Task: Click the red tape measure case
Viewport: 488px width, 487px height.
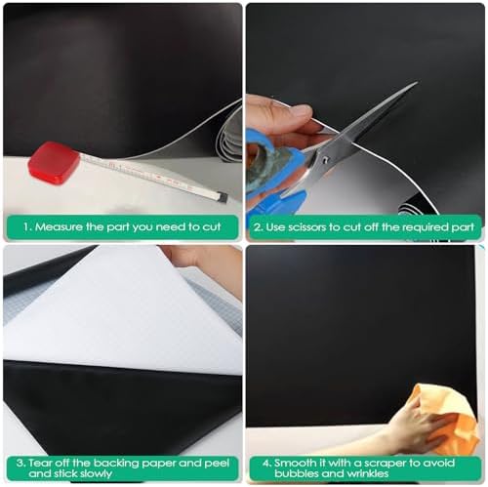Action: click(54, 163)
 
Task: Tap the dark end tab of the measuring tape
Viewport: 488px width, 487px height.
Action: click(223, 197)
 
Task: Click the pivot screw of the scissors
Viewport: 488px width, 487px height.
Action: click(326, 159)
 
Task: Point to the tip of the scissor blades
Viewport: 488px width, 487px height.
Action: click(417, 82)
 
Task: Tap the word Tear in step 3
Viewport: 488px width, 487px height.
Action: click(40, 463)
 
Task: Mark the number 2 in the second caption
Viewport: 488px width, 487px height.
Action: click(258, 227)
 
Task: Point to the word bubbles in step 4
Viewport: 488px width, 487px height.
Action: click(295, 473)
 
